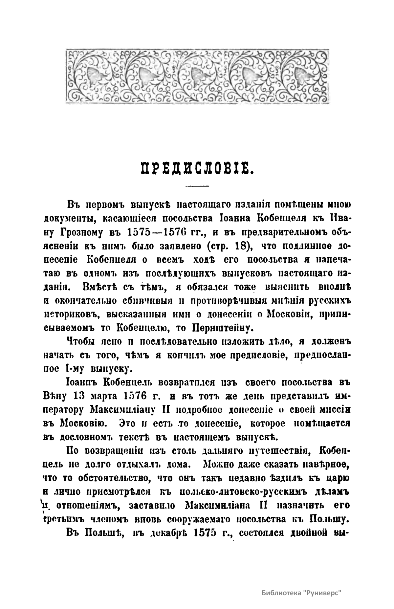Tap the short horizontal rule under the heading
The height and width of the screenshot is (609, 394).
coord(197,186)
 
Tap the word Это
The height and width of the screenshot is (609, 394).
coord(127,423)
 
